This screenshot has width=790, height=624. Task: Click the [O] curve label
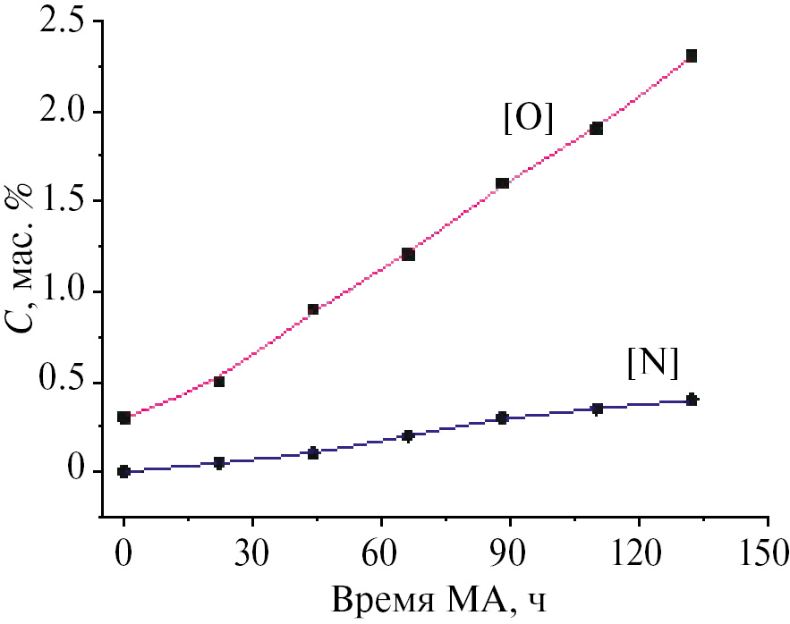pyautogui.click(x=529, y=120)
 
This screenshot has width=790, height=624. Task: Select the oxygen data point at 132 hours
pyautogui.click(x=691, y=55)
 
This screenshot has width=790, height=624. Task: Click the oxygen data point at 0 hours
pyautogui.click(x=124, y=417)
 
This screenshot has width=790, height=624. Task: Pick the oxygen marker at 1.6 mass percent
pyautogui.click(x=502, y=183)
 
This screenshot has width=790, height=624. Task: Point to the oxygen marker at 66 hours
pyautogui.click(x=408, y=254)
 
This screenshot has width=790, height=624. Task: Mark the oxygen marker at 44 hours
pyautogui.click(x=313, y=309)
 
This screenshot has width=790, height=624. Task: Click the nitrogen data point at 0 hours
pyautogui.click(x=124, y=471)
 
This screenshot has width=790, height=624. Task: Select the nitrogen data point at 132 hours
pyautogui.click(x=691, y=400)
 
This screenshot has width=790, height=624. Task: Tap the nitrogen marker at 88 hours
pyautogui.click(x=502, y=417)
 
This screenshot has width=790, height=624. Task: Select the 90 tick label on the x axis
pyautogui.click(x=509, y=552)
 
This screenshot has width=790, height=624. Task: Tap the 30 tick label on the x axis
pyautogui.click(x=252, y=552)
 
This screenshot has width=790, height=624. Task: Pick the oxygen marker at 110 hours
pyautogui.click(x=597, y=128)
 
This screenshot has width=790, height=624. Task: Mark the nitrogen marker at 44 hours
pyautogui.click(x=313, y=453)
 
